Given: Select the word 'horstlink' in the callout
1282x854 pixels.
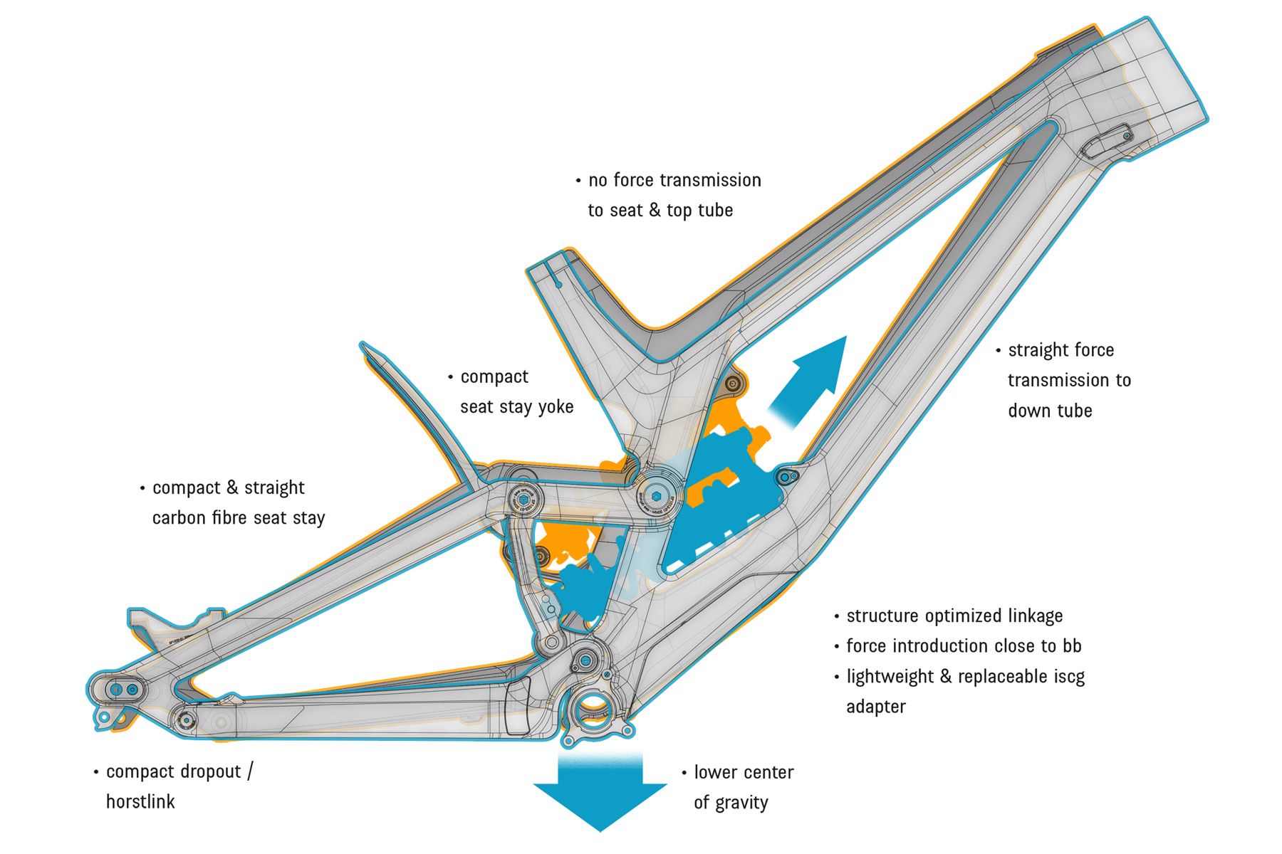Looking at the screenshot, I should pyautogui.click(x=140, y=802).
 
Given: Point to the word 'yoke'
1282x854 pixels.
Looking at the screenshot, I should pyautogui.click(x=556, y=407).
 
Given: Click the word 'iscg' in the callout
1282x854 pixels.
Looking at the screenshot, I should pyautogui.click(x=1069, y=676).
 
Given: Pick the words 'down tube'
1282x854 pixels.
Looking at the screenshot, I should pyautogui.click(x=1050, y=411).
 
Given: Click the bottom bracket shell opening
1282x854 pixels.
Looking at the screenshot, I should pyautogui.click(x=592, y=707).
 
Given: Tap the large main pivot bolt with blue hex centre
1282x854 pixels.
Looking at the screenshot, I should pyautogui.click(x=656, y=495).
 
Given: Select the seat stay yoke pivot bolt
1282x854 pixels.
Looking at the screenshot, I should pyautogui.click(x=523, y=500).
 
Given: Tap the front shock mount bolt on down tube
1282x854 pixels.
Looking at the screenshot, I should pyautogui.click(x=786, y=476).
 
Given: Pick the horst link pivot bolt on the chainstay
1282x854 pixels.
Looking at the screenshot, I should pyautogui.click(x=187, y=720).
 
